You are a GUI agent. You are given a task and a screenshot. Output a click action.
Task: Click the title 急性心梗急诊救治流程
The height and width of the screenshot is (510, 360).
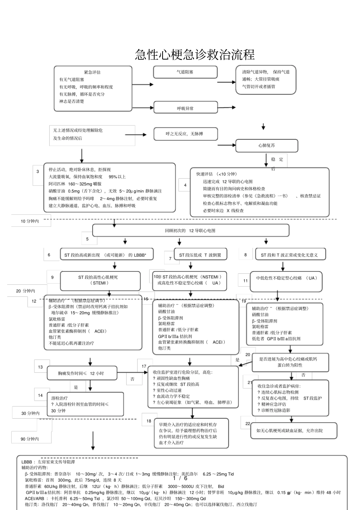[x=195, y=55]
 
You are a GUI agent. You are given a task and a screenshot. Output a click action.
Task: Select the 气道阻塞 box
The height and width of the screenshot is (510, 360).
[x=185, y=72]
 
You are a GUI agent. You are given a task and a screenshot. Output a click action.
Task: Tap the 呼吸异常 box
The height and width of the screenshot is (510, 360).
[x=185, y=108]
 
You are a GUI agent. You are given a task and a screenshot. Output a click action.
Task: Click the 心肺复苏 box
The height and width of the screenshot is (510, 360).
[x=267, y=146]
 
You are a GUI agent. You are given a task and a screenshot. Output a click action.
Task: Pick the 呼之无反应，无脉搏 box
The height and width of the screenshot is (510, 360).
[x=185, y=134]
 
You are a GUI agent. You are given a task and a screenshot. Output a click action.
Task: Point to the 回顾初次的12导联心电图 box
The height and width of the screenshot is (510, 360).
[x=191, y=230]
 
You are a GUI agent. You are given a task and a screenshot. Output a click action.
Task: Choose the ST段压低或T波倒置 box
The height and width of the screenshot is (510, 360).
[x=200, y=255]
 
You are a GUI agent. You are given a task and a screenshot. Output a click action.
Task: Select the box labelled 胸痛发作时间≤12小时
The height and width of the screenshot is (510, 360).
[x=81, y=373]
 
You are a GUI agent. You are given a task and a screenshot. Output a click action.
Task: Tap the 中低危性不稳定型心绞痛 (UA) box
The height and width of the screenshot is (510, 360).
[x=286, y=278]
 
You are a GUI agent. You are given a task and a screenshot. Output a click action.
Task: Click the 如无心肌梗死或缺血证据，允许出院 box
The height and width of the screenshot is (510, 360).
[x=289, y=430]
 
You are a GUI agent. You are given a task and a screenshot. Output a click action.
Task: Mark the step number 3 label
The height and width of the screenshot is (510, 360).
[x=38, y=172]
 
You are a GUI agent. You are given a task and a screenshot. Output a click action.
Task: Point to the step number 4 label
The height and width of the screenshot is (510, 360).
[x=185, y=185]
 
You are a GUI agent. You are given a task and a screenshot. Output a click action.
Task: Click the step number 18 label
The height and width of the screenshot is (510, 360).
[x=149, y=421]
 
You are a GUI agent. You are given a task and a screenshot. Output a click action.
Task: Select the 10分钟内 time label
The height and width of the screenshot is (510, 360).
[x=30, y=221]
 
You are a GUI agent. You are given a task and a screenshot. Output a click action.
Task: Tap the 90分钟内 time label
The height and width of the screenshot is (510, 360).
[x=30, y=439]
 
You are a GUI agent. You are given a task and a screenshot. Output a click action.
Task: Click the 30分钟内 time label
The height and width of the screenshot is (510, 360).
[x=30, y=413]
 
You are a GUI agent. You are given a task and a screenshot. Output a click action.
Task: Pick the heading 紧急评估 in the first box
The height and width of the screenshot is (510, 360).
[x=92, y=72]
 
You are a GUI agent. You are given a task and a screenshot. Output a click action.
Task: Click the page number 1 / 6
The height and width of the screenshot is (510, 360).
[x=180, y=478]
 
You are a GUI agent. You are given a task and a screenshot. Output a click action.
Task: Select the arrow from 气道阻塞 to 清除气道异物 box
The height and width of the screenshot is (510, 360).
[x=227, y=82]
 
